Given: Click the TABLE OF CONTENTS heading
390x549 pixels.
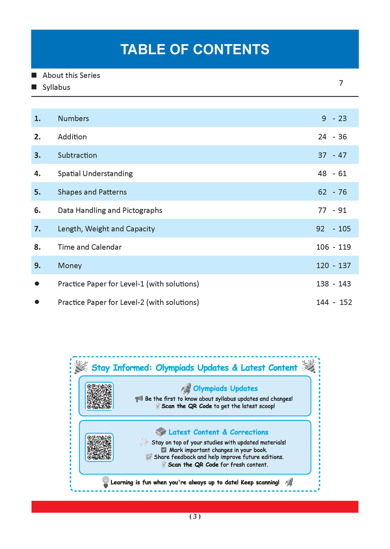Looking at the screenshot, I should point(195,50).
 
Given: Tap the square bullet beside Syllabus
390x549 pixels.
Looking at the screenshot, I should point(34,87).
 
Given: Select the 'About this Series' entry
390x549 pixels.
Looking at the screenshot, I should point(71,75).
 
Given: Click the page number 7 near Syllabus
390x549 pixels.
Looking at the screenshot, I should point(341,83).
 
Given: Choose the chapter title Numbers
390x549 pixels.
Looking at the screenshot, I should point(74,119).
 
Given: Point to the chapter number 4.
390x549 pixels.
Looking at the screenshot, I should point(37,174).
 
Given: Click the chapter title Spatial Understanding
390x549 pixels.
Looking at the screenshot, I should point(95,174).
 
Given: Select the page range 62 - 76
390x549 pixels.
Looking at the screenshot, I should point(332,192).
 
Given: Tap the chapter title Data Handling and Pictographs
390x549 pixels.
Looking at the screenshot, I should point(110,210).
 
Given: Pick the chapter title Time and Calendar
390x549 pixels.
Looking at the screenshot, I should point(90,247).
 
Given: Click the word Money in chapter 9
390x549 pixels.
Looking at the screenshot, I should point(70,266).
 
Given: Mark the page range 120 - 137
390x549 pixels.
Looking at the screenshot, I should point(333,266).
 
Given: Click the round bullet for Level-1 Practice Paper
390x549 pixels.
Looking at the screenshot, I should point(37,284).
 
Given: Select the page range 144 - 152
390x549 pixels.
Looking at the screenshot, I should point(334,302).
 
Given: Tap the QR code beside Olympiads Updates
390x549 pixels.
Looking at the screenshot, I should point(99,396).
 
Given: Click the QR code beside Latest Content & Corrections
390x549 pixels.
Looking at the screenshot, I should point(99,447).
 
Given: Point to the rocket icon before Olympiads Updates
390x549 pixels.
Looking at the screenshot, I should point(186,388).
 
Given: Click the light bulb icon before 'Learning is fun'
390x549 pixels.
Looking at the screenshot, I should point(105,482).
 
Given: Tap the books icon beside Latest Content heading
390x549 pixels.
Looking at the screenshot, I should point(161,432).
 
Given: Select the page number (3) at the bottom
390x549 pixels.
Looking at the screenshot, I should point(195,517).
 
